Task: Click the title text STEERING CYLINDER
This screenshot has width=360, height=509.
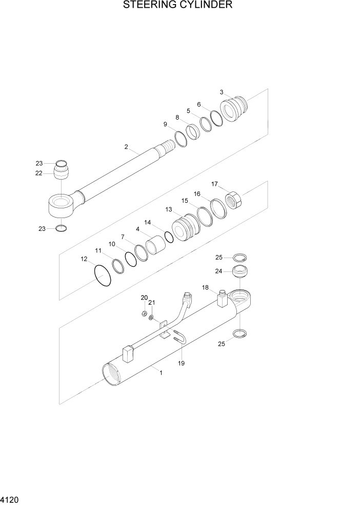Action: tap(178, 6)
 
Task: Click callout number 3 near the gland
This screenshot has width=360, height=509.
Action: tap(222, 92)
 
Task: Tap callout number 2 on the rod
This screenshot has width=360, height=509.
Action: tap(126, 147)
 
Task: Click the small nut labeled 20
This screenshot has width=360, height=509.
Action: tap(145, 314)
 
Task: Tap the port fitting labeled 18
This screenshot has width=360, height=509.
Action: tap(222, 299)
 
